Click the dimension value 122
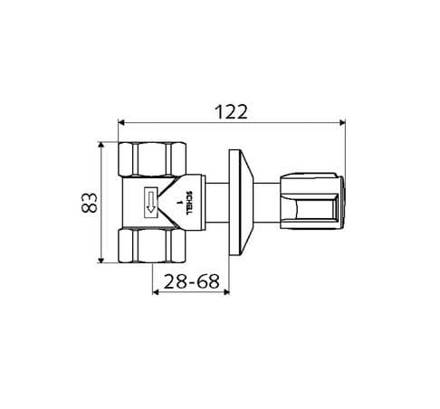point(232,112)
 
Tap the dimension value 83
point(90,203)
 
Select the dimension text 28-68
point(191,282)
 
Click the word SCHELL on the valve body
point(188,203)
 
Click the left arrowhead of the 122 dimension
point(121,122)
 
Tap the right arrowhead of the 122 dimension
point(342,122)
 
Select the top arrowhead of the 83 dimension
point(101,145)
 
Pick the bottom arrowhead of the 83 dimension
point(101,260)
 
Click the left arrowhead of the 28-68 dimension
point(156,291)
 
